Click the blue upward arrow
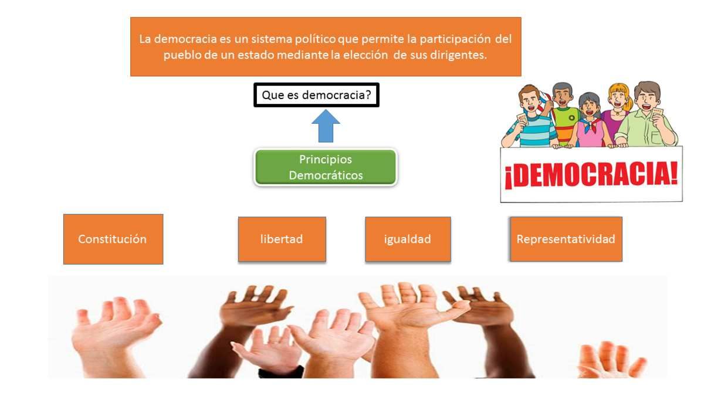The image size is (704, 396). click(x=326, y=126)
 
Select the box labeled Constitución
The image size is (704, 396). click(x=113, y=239)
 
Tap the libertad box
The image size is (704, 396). click(x=282, y=239)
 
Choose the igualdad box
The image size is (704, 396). click(x=408, y=239)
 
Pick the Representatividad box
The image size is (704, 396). click(x=566, y=239)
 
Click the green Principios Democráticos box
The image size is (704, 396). click(x=326, y=167)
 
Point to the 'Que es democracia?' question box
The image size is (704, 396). click(x=316, y=95)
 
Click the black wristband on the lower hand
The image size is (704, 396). click(x=280, y=372)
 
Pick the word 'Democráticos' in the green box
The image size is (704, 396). click(x=326, y=175)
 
